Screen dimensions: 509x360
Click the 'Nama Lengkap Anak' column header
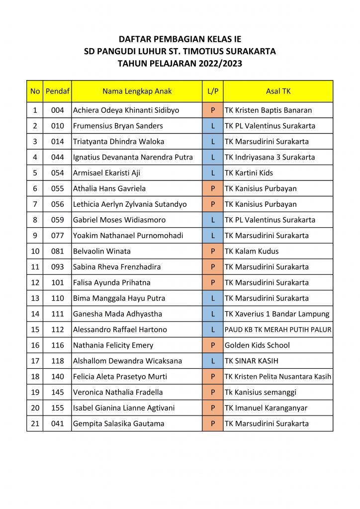(137, 91)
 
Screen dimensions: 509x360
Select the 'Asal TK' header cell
(278, 91)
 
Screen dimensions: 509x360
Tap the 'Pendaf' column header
(57, 91)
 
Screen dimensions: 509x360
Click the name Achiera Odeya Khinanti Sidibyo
(126, 110)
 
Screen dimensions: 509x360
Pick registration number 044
(57, 158)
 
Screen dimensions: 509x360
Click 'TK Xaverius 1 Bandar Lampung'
(277, 314)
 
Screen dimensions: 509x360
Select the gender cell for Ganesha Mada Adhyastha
(213, 314)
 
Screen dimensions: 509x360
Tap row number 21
(35, 424)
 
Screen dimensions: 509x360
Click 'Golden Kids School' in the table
(257, 345)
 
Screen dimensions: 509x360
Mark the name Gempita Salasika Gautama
(118, 424)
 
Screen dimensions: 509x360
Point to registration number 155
(57, 408)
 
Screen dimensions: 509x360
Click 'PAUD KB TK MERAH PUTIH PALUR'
(278, 330)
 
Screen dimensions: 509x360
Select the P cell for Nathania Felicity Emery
(213, 345)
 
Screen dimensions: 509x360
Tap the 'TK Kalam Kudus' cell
(252, 252)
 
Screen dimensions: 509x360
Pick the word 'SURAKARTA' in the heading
(251, 51)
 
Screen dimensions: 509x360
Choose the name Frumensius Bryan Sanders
(118, 126)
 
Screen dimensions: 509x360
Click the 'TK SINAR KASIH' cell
(251, 361)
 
